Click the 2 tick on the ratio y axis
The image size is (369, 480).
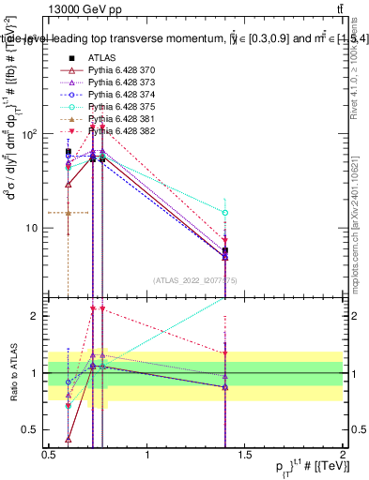tap(38, 316)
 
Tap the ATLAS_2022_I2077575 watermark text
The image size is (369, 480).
tap(195, 278)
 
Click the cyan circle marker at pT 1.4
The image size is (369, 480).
tap(225, 213)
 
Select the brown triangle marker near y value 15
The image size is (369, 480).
tap(69, 213)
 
